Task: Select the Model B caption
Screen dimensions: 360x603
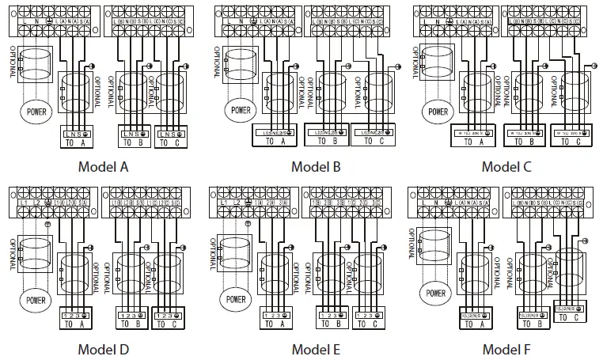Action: pyautogui.click(x=315, y=166)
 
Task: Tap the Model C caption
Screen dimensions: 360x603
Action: pyautogui.click(x=506, y=166)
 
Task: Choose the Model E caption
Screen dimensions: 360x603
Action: pyautogui.click(x=315, y=349)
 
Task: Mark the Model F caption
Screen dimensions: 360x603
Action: pyautogui.click(x=506, y=349)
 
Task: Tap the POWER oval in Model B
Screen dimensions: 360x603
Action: pyautogui.click(x=241, y=109)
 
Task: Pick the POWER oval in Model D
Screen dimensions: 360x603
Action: pyautogui.click(x=36, y=300)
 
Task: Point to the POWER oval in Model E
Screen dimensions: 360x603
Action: pyautogui.click(x=237, y=300)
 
